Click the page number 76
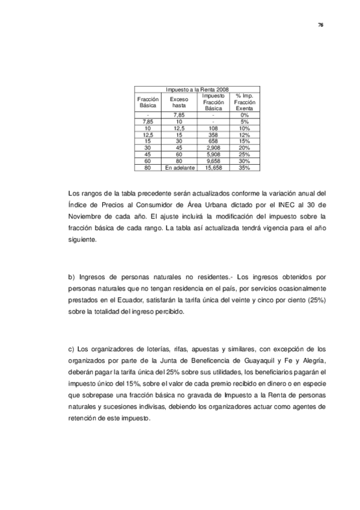point(321,25)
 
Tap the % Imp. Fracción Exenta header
point(245,102)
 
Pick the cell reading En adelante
point(179,168)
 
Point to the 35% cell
point(245,168)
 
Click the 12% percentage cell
point(245,134)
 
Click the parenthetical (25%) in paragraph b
point(315,300)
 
